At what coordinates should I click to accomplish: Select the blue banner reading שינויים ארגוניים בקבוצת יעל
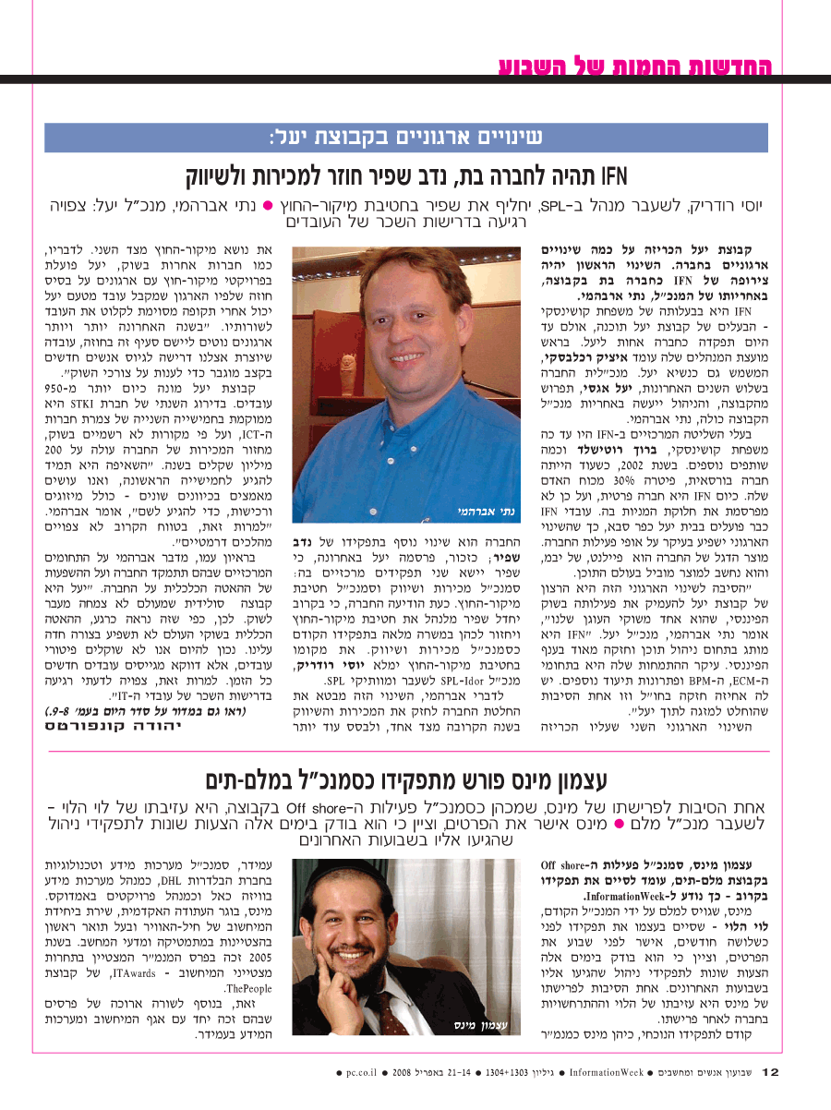(407, 137)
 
